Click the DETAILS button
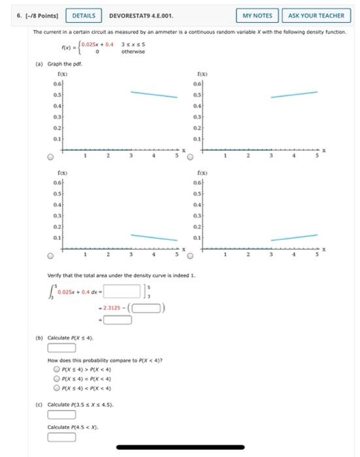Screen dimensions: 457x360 pyautogui.click(x=83, y=15)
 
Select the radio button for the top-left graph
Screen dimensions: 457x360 pyautogui.click(x=50, y=157)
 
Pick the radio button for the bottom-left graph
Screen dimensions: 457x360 pyautogui.click(x=50, y=255)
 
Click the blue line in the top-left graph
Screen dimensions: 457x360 pyautogui.click(x=154, y=95)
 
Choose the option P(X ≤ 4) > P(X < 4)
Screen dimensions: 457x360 pyautogui.click(x=57, y=368)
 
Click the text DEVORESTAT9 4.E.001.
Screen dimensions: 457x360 pyautogui.click(x=140, y=15)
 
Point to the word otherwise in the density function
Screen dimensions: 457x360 pyautogui.click(x=133, y=52)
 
